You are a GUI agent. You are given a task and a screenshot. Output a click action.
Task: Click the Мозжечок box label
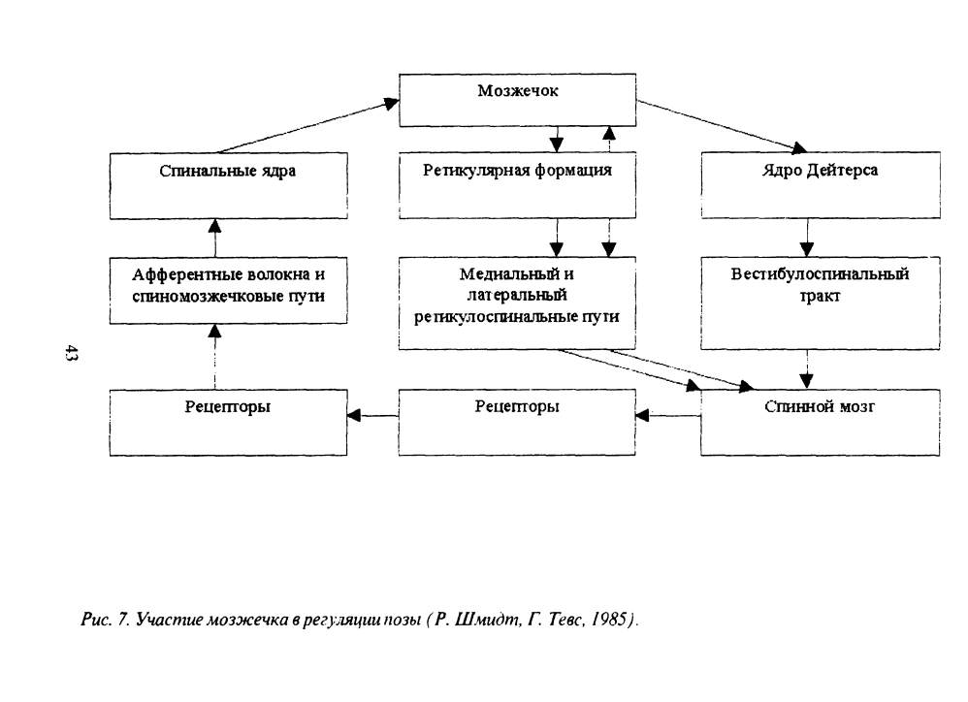[517, 91]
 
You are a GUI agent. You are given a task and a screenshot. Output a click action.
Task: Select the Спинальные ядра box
[228, 185]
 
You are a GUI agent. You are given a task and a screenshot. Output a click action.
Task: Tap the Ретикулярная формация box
[517, 185]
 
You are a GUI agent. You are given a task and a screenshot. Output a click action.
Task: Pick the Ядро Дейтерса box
[821, 185]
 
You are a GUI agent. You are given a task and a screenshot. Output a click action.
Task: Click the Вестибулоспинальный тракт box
[821, 303]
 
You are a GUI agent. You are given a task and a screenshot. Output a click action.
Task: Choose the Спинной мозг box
[821, 422]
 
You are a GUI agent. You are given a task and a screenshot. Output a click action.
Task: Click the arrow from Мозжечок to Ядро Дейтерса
[722, 126]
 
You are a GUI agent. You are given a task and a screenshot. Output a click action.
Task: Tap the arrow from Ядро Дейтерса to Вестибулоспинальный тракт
[807, 238]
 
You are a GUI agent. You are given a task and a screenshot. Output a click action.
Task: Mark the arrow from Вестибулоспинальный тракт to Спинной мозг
[807, 368]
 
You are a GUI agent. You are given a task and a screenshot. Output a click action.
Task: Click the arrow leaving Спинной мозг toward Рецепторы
[668, 415]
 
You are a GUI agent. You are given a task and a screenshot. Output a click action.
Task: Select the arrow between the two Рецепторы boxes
[372, 415]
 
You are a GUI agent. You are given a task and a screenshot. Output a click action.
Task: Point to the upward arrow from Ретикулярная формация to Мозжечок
[609, 139]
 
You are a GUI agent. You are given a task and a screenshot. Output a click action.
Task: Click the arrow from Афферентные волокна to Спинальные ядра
[214, 238]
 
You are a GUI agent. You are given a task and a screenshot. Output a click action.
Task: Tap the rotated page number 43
[71, 354]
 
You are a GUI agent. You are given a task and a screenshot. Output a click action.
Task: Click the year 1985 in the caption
[609, 619]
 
